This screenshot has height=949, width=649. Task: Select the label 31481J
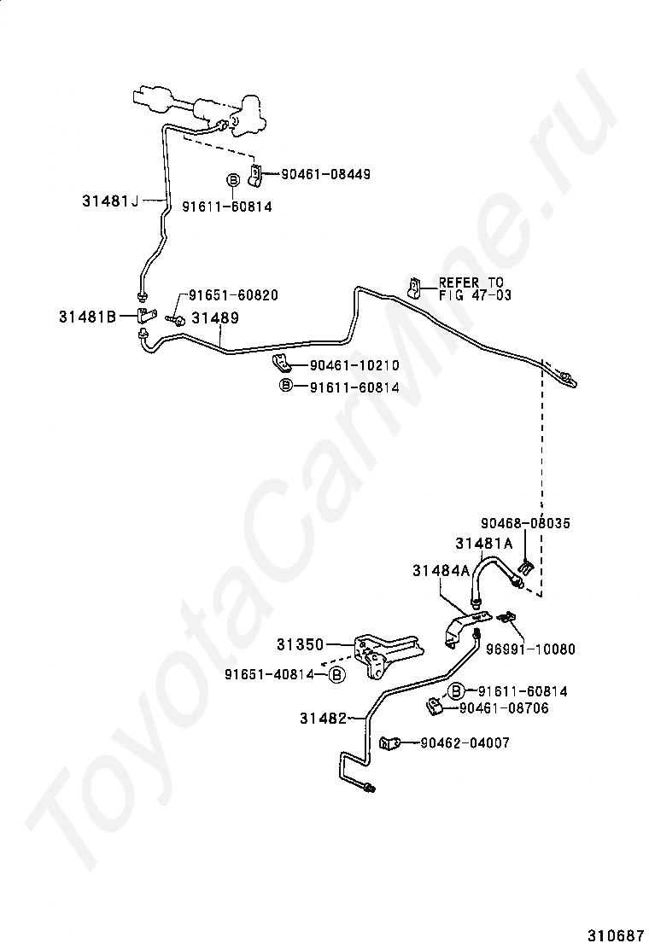pos(110,201)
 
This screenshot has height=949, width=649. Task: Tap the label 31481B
pos(87,316)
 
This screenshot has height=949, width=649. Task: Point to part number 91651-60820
pos(233,295)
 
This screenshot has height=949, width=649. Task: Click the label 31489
pos(214,317)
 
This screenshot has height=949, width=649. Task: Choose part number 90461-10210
pos(354,365)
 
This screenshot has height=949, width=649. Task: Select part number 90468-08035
pos(525,523)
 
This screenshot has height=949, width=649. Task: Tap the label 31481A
pos(483,543)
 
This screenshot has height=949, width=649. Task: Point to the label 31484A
pos(441,571)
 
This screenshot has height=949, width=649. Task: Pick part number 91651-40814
pos(267,674)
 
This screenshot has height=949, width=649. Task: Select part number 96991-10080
pos(542,649)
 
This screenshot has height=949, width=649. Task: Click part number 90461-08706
pos(504,708)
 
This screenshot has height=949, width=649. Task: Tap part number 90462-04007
pos(465,743)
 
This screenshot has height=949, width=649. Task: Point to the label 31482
pos(323,719)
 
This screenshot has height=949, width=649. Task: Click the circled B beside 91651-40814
pos(336,675)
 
